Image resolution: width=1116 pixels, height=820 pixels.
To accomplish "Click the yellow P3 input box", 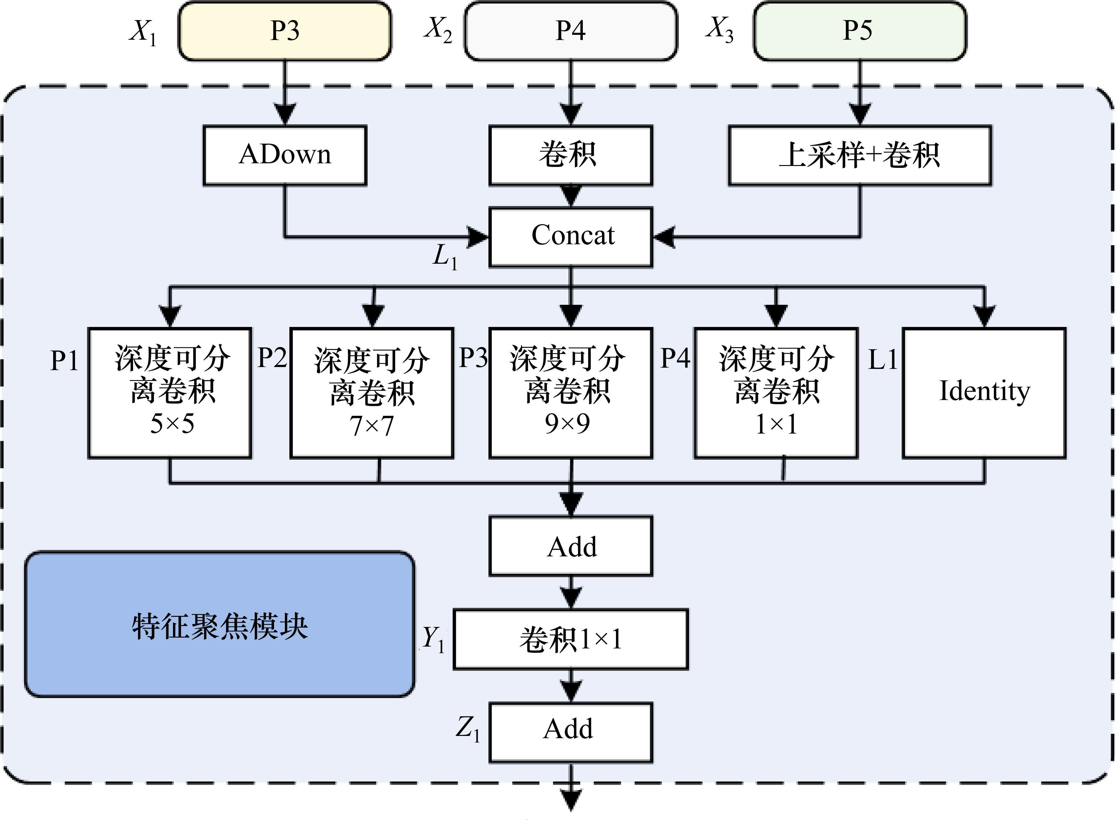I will (284, 31).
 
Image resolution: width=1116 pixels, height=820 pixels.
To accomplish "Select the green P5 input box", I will (860, 31).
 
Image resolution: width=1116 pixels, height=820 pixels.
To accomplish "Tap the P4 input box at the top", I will (570, 31).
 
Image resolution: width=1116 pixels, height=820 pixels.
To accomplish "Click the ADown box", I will (285, 155).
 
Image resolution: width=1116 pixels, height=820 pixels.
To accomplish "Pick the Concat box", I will (571, 237).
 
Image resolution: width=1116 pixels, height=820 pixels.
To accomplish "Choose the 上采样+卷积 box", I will (860, 155).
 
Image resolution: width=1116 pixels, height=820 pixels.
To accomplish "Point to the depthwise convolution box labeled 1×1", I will (776, 392).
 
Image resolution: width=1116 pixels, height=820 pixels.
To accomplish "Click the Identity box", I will (984, 392).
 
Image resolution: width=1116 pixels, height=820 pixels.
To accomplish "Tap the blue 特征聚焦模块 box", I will (220, 625).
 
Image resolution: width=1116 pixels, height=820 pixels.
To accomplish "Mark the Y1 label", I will (433, 639).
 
